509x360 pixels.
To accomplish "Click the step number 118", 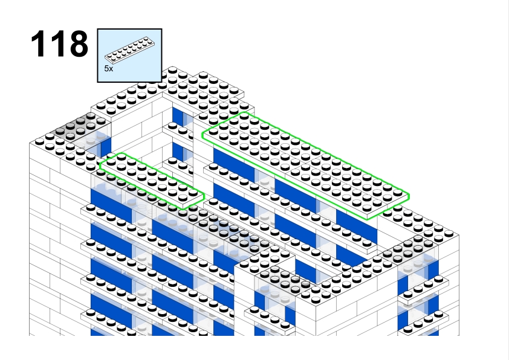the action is tap(59, 43).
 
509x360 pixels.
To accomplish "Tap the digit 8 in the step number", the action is tap(79, 43).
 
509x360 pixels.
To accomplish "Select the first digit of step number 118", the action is tap(37, 43).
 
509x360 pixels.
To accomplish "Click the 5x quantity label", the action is tap(109, 69).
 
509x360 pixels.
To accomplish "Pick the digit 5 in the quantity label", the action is tap(107, 69).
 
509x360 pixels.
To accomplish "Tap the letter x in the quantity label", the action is tap(111, 69).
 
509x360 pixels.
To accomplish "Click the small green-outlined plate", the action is tap(152, 181).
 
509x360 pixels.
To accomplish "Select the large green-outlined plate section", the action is tap(305, 166).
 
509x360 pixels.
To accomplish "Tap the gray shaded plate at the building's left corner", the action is tap(80, 126).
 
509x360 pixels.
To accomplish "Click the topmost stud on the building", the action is tap(173, 69).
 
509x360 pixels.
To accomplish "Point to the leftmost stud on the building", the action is tap(39, 141).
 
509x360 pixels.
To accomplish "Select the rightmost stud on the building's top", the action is tap(449, 233).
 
